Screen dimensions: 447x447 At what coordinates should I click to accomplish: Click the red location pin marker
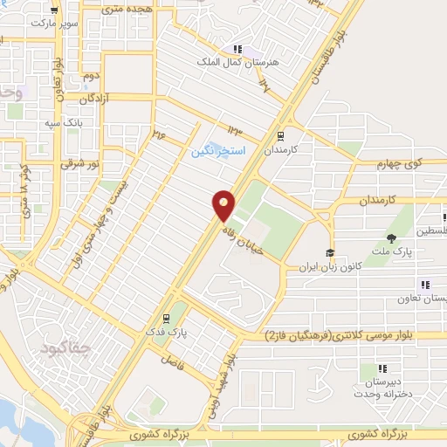tap(224, 204)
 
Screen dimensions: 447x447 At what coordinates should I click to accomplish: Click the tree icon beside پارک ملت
tap(391, 238)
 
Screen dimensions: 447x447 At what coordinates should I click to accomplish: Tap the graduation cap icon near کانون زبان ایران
tap(330, 253)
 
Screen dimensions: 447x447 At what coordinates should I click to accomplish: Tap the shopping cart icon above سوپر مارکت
tap(55, 10)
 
